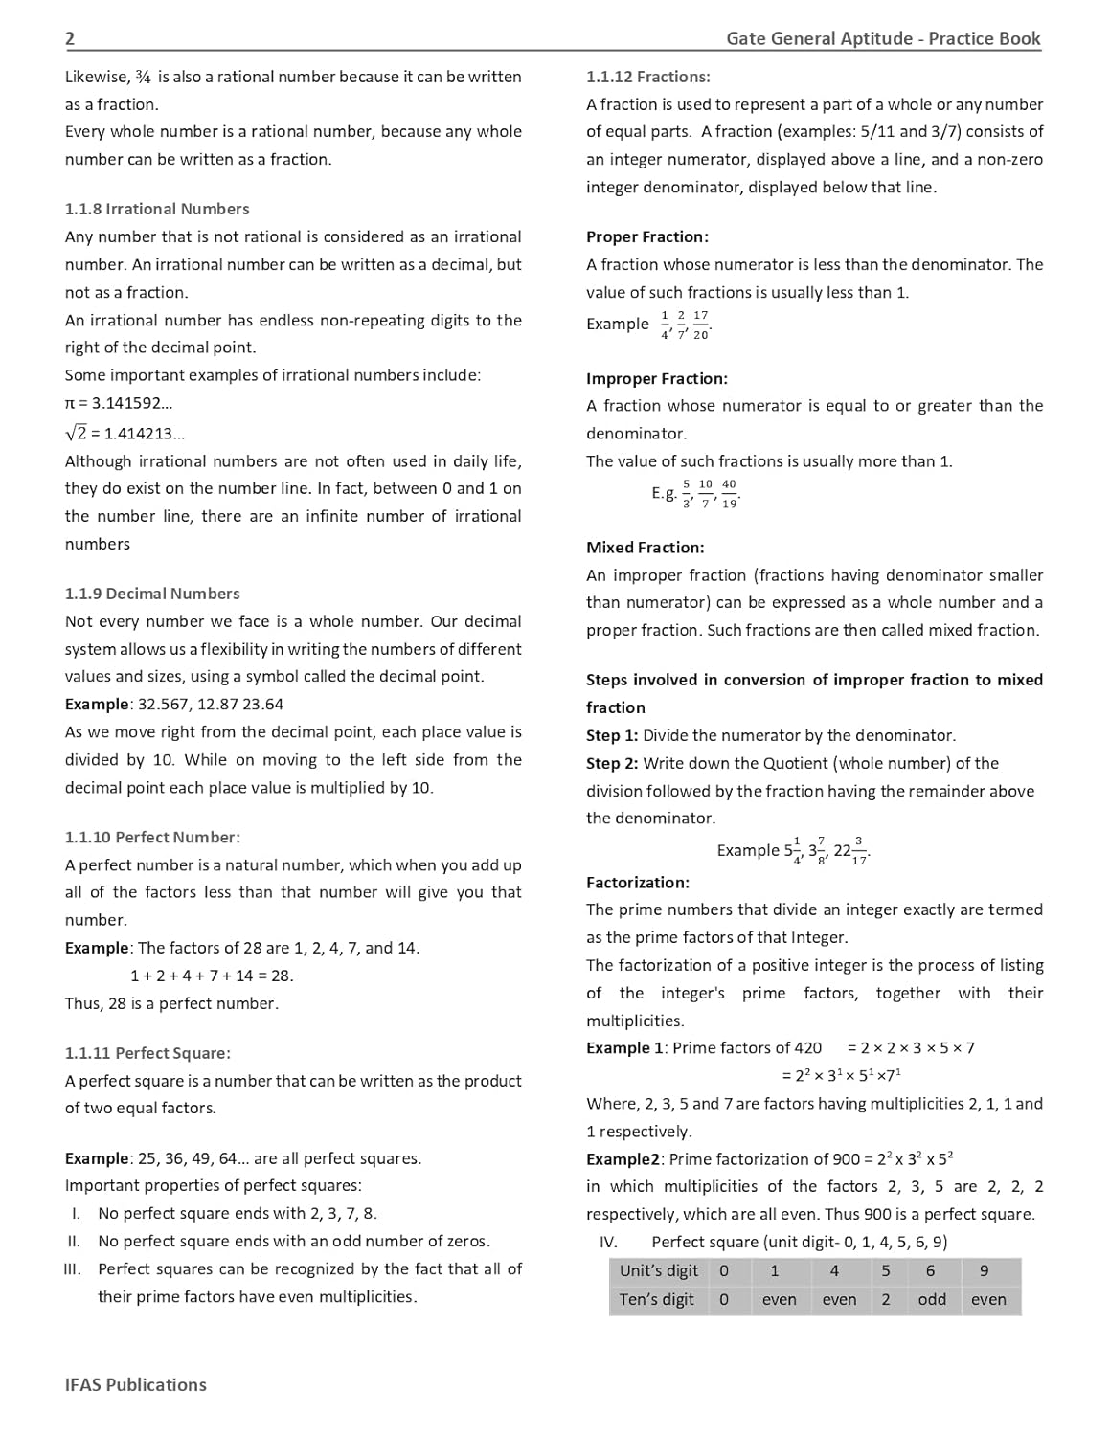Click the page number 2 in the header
[x=70, y=38]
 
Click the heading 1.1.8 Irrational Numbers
[x=157, y=209]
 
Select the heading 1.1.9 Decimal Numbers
[x=152, y=594]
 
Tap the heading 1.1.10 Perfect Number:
[x=152, y=837]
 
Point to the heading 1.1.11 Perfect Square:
[x=147, y=1053]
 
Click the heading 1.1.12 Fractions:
[x=648, y=77]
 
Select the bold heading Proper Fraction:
[x=647, y=236]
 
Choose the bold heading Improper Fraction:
[x=657, y=378]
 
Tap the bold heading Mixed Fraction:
[x=646, y=548]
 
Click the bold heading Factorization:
[x=638, y=882]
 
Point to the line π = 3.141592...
[x=119, y=403]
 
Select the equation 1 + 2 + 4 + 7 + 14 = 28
[x=212, y=976]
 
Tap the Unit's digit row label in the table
[x=659, y=1271]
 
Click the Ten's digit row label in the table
[x=657, y=1300]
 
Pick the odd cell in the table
[x=932, y=1300]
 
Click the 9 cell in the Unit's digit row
[x=985, y=1271]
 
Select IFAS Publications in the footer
[x=136, y=1384]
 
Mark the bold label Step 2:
[x=612, y=763]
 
